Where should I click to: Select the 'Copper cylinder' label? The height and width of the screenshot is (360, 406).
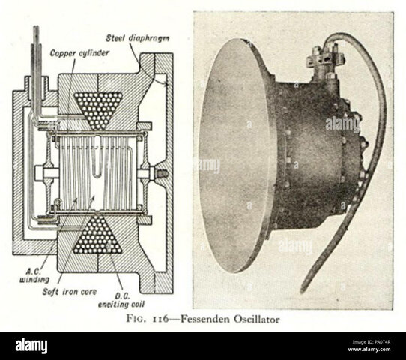coord(78,53)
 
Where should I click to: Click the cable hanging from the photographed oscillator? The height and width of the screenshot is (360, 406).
coord(360,172)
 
